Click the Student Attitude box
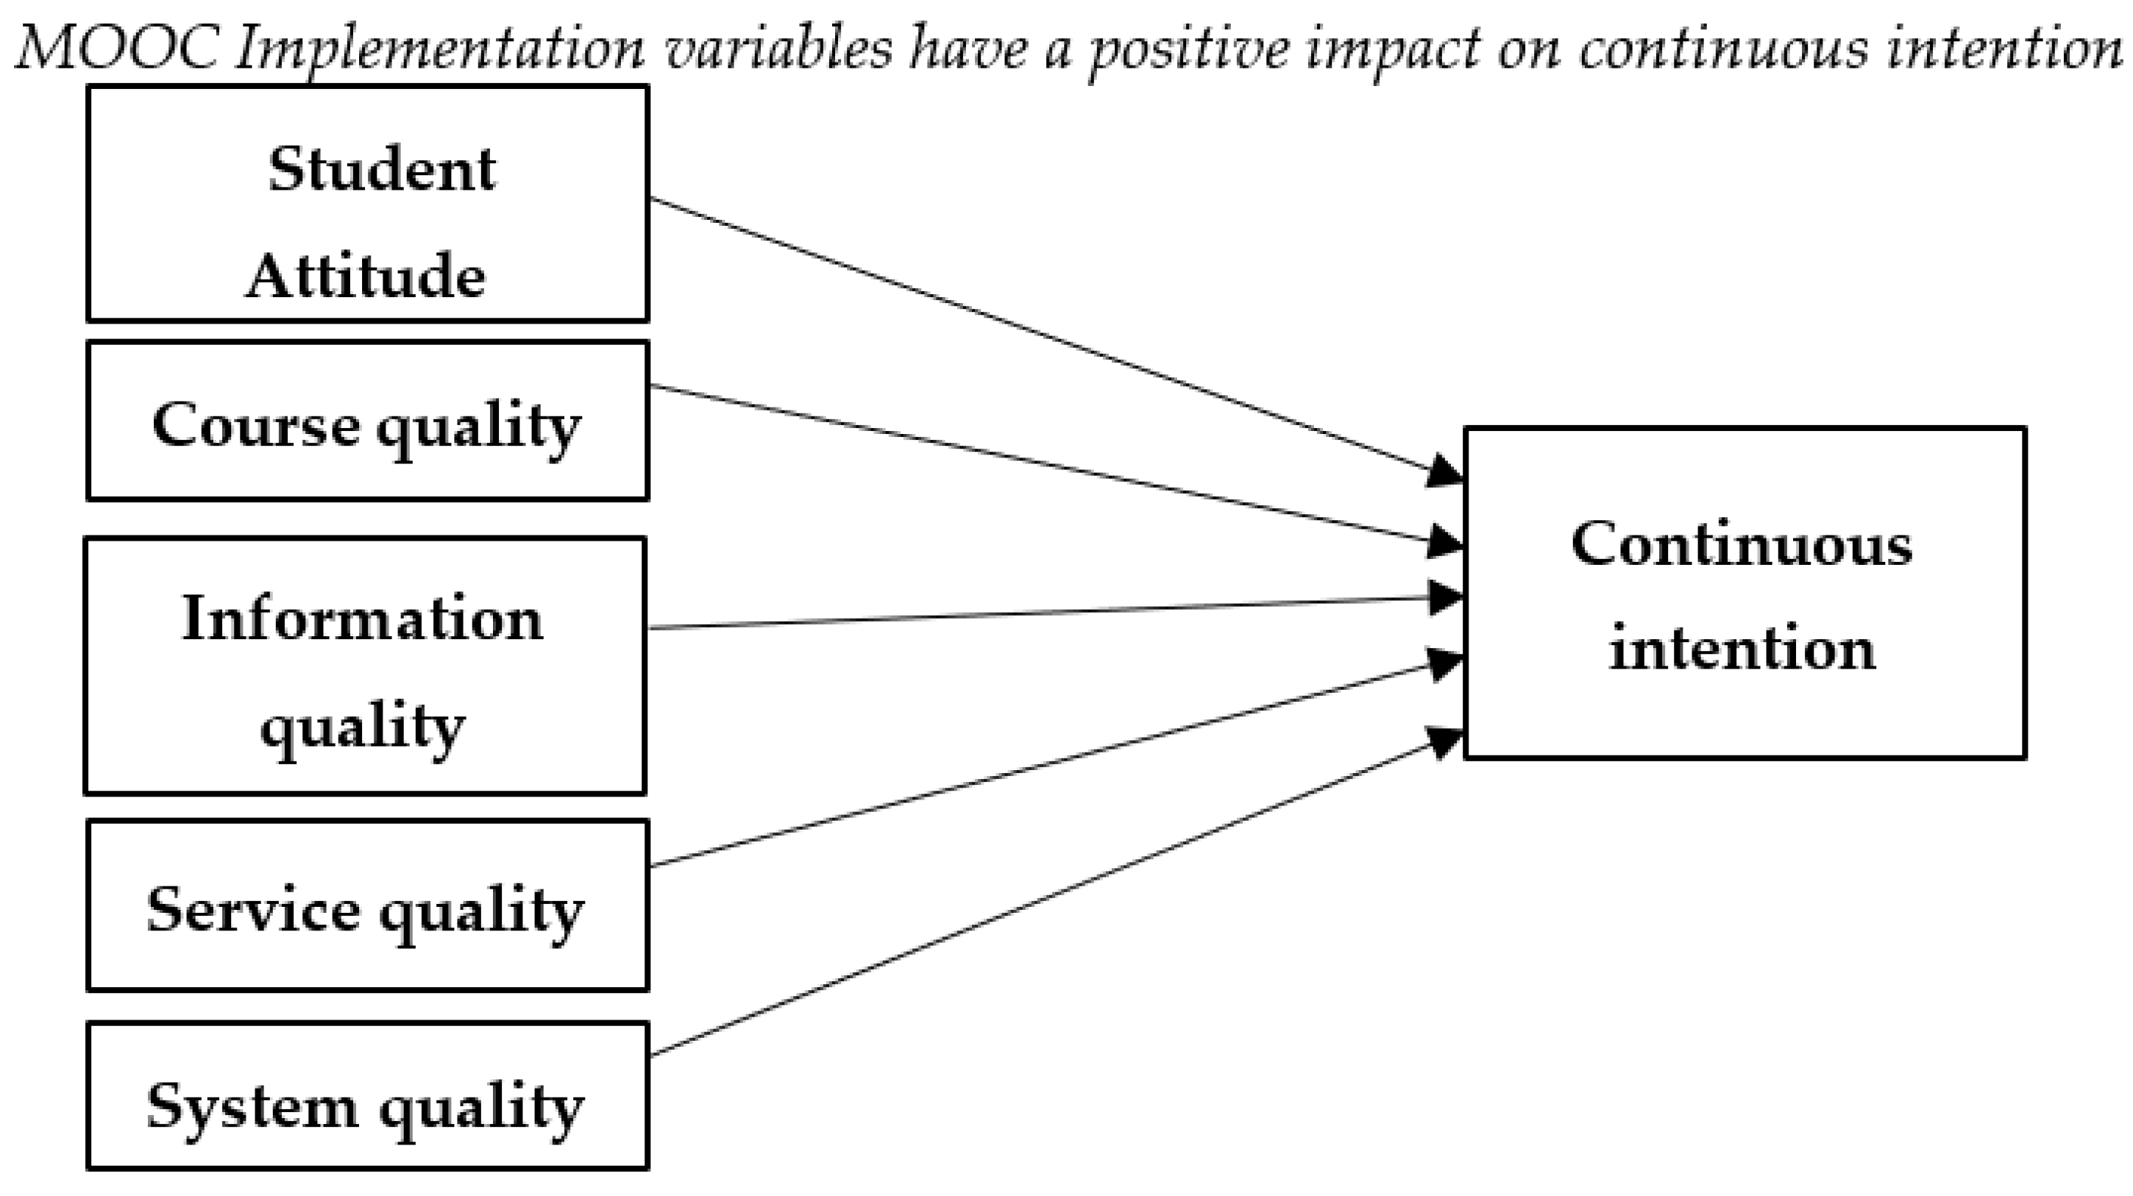368,204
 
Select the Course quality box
368,421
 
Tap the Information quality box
365,666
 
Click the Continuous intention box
1745,594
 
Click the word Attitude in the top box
366,275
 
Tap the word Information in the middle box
363,619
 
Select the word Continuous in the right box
1742,544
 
